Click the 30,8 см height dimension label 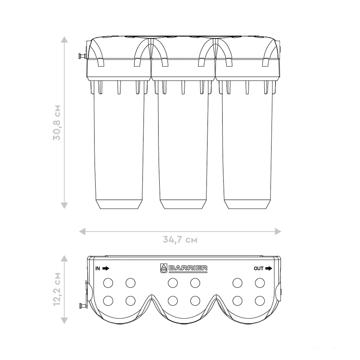click(x=57, y=123)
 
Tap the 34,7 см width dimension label click(x=180, y=240)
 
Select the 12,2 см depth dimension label click(x=57, y=289)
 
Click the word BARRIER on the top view click(x=188, y=268)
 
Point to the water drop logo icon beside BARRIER click(x=163, y=268)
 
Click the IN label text click(x=98, y=269)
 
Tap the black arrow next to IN click(x=106, y=269)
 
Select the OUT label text click(x=258, y=269)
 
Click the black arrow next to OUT click(x=269, y=269)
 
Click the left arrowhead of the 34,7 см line click(x=82, y=231)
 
